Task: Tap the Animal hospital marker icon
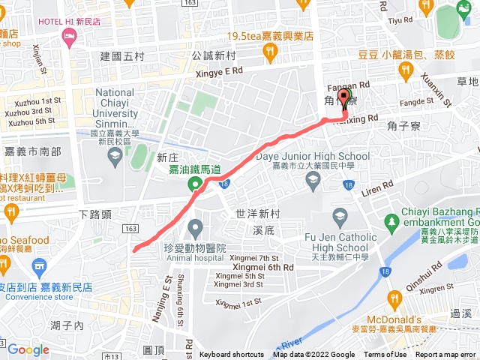pos(195,226)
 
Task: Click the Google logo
pos(28,349)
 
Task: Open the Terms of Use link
pos(385,355)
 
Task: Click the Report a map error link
pos(447,355)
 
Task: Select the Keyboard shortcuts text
pos(232,355)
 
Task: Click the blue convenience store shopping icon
pos(39,265)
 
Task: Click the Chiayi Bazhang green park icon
pos(390,222)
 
